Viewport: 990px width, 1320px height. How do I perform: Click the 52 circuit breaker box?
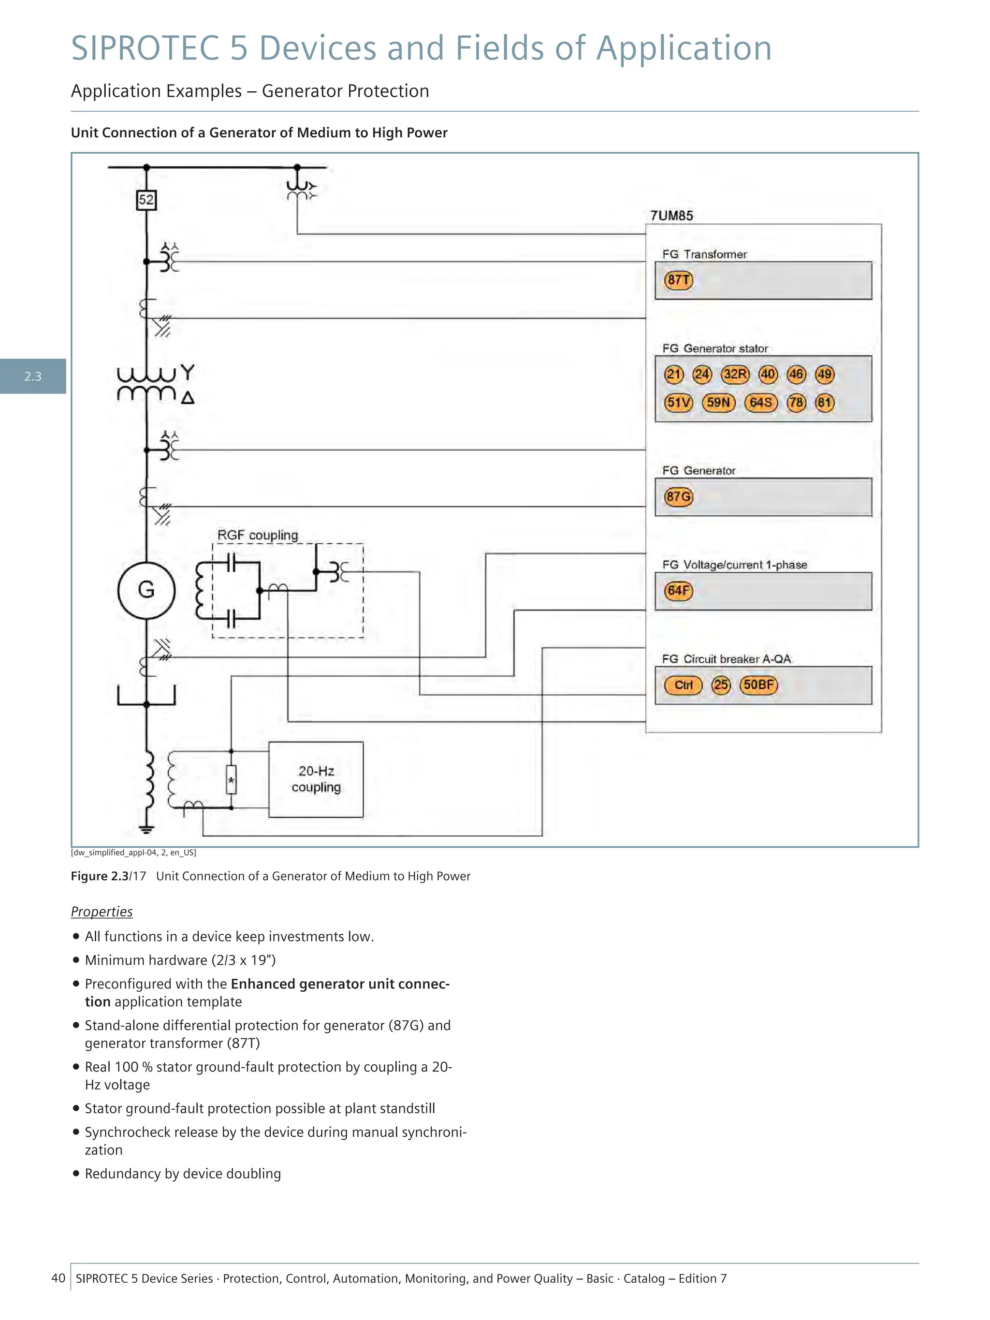pos(146,200)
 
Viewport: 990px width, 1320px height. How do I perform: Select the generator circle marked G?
pos(146,590)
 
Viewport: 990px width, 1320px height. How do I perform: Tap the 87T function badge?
pos(679,280)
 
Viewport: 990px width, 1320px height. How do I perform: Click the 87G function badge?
pos(679,496)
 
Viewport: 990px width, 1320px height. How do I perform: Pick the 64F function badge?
pos(679,591)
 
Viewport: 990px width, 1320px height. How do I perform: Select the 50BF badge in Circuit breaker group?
pos(758,685)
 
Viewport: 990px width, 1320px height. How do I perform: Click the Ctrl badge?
pos(683,685)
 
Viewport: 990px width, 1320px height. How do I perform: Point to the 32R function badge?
pos(735,374)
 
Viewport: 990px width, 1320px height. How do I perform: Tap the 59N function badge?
pos(718,402)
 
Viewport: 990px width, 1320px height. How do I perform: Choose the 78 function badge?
pos(796,402)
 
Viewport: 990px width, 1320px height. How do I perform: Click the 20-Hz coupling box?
pos(316,779)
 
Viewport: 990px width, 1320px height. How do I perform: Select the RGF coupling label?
pos(257,535)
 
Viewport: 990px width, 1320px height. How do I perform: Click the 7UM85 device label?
pos(671,216)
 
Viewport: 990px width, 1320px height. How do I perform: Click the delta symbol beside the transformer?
pos(188,397)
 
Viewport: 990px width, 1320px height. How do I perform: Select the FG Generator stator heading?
pos(714,348)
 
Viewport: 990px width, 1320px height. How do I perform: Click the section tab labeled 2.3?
pos(33,377)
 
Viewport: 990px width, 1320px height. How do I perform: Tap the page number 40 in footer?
pos(58,1277)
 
